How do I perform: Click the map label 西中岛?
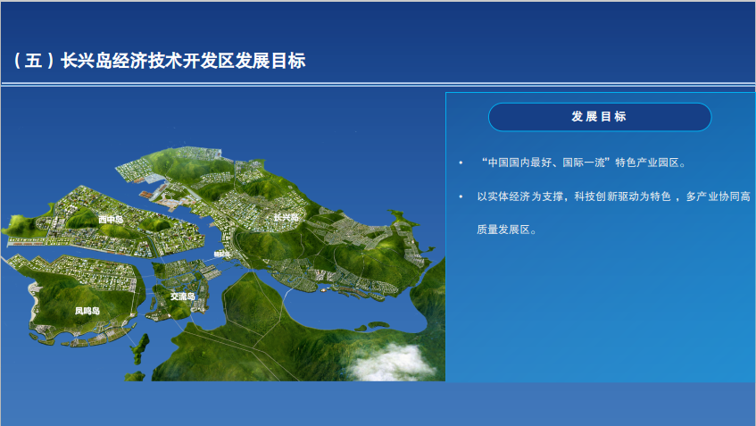(x=111, y=220)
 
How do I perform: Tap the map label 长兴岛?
(x=287, y=218)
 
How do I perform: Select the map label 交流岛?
(x=183, y=297)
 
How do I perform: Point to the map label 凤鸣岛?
(x=87, y=311)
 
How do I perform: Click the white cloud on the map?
(x=391, y=363)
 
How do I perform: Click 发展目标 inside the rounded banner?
(x=599, y=117)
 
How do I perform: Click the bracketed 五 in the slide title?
(x=33, y=61)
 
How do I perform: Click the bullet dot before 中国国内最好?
(x=461, y=163)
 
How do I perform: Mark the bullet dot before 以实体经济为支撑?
(x=461, y=196)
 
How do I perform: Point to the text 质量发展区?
(x=503, y=230)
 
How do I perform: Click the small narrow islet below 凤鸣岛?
(x=140, y=347)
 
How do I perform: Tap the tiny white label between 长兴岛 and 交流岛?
(x=221, y=254)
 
